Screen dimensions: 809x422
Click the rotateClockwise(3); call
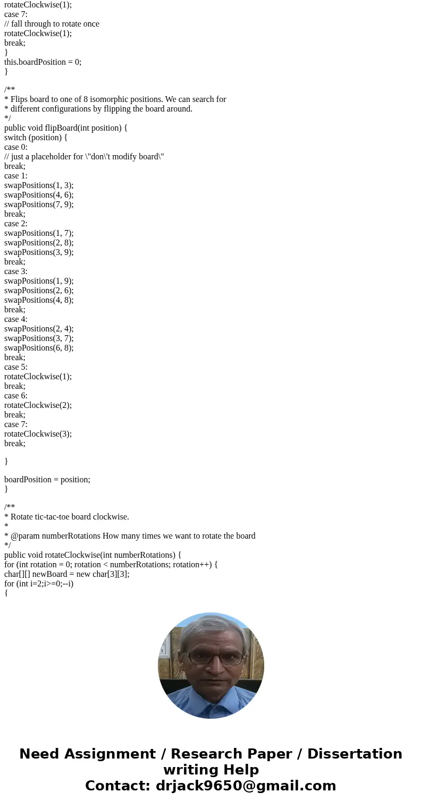pos(38,434)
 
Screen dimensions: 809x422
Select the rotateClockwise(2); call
pos(38,405)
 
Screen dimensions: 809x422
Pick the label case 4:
pos(16,319)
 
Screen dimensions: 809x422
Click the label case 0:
pos(16,147)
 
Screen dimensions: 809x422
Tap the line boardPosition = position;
pos(47,480)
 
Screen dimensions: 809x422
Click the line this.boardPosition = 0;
pos(43,62)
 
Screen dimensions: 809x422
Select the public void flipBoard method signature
pos(66,128)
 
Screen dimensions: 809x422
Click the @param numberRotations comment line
pos(130,536)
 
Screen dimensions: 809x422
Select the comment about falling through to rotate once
pos(52,24)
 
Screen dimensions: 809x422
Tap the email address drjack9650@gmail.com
pos(246,786)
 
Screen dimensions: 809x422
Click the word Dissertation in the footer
pos(355,754)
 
